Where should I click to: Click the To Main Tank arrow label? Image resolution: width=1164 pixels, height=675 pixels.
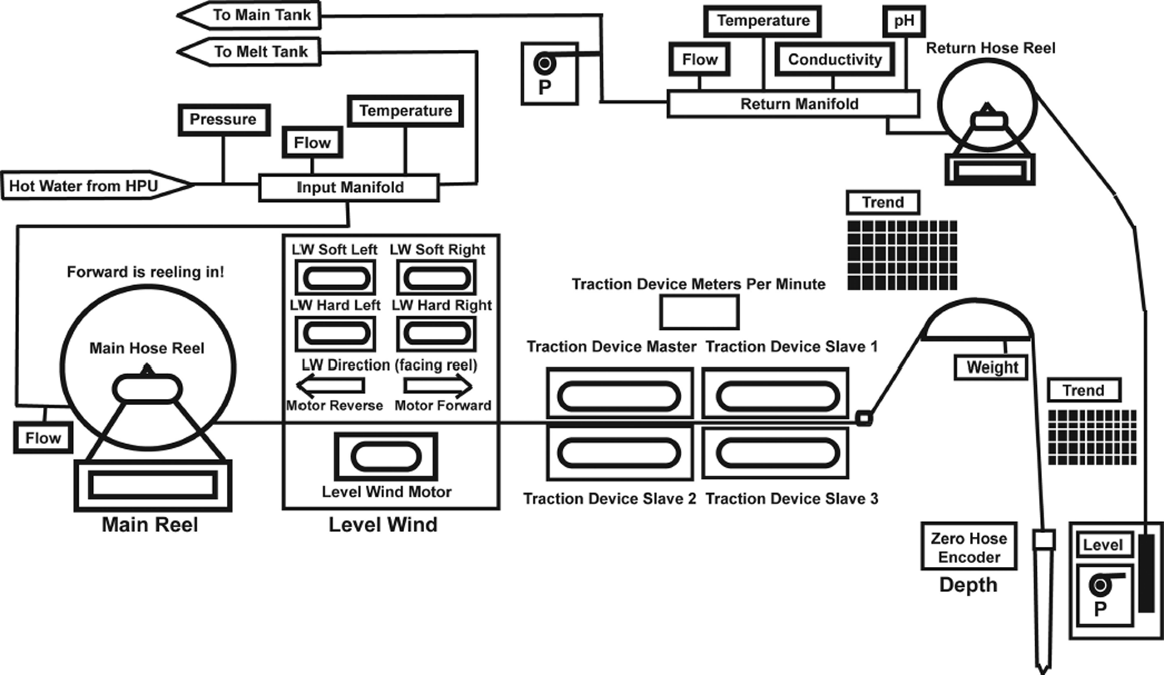click(249, 14)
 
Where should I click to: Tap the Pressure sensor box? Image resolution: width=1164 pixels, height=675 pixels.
click(223, 120)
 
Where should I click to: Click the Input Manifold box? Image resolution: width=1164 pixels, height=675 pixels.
click(349, 188)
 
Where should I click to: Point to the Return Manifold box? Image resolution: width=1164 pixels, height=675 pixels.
click(794, 105)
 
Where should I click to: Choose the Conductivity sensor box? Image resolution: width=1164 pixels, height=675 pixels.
click(834, 60)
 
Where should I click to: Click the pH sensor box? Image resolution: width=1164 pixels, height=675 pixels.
click(904, 21)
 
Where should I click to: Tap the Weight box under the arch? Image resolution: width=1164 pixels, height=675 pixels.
click(992, 367)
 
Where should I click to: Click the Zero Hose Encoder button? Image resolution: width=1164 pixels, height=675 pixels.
click(969, 548)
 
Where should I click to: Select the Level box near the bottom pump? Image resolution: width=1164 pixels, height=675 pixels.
click(1102, 546)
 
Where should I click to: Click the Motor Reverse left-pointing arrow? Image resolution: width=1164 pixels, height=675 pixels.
click(331, 386)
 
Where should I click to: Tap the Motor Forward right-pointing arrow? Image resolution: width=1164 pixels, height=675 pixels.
click(438, 386)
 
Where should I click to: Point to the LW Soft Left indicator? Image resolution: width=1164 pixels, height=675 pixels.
click(334, 277)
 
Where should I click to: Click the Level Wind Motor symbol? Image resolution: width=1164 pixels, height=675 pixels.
click(386, 456)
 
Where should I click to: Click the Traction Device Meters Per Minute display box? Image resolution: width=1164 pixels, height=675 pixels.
click(698, 312)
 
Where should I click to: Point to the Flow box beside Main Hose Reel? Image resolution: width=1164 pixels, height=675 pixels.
click(42, 437)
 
